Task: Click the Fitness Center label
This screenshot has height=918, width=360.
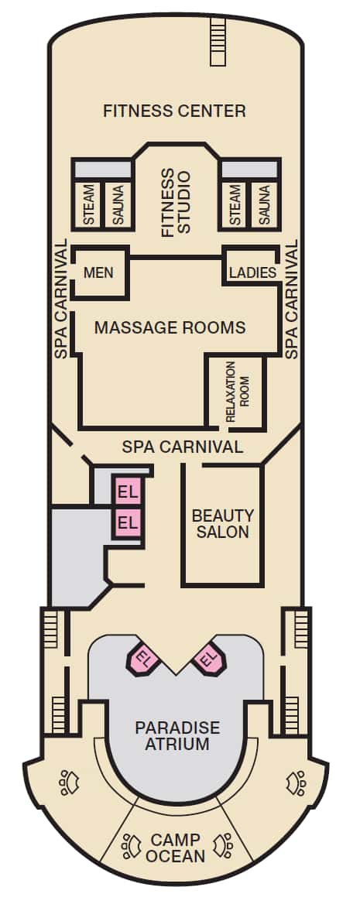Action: coord(174,111)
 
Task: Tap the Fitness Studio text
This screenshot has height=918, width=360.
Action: coord(176,203)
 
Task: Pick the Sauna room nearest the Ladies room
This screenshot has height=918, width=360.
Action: coord(263,204)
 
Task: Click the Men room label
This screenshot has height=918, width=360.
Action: coord(98,272)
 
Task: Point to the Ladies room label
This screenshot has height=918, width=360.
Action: coord(252,272)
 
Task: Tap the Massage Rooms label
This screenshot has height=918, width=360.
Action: coord(170,327)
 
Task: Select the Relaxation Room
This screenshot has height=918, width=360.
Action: coord(238,392)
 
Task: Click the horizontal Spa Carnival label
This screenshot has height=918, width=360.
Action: coord(182,447)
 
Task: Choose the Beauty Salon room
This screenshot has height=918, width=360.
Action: coord(222,525)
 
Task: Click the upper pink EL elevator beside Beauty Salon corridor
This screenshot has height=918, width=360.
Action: coord(128,492)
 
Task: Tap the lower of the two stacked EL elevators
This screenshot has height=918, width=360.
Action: coord(128,522)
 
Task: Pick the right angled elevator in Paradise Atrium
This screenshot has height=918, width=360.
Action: coord(208,659)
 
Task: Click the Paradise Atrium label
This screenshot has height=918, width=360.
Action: coord(177,736)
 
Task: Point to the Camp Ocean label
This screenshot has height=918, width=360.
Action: coord(176,848)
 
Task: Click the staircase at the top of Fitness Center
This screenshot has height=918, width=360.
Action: coord(217,42)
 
